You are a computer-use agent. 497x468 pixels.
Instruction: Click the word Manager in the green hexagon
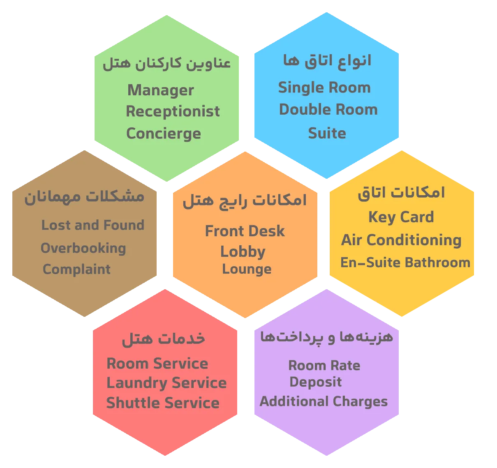tap(160, 90)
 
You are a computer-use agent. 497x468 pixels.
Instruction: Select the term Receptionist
tap(173, 111)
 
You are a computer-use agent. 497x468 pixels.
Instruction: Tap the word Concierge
tap(163, 134)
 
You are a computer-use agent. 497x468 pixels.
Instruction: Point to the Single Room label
tap(324, 88)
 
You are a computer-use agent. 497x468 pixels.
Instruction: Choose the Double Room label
tap(328, 110)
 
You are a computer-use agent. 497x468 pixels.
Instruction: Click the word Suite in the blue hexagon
tap(327, 133)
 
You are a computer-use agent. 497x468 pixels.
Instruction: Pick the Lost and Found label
tap(93, 225)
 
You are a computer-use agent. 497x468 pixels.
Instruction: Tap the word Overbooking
tap(83, 248)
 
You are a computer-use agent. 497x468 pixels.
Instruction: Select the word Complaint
tap(76, 270)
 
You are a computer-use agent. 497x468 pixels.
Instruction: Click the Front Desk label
tap(245, 231)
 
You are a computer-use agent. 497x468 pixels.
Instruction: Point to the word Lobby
tap(243, 252)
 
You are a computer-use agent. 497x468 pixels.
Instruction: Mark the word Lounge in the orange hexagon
tap(247, 269)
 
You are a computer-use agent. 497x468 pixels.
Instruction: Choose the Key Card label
tap(401, 217)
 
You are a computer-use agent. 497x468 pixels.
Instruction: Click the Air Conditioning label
tap(401, 240)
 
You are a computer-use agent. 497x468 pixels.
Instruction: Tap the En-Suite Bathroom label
tap(405, 263)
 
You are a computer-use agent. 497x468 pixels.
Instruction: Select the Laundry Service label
tap(166, 383)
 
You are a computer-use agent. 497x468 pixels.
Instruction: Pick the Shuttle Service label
tap(163, 403)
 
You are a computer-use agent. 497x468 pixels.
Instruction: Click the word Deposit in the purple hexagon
tap(315, 382)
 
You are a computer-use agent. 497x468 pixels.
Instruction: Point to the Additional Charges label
tap(324, 401)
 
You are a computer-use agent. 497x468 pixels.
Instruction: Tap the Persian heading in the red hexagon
tap(163, 339)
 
